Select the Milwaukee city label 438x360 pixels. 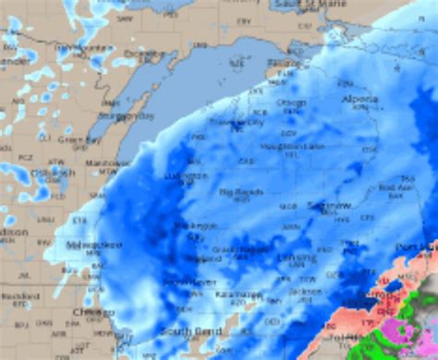click(94, 245)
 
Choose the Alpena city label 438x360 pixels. click(359, 99)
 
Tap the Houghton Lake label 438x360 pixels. click(292, 146)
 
